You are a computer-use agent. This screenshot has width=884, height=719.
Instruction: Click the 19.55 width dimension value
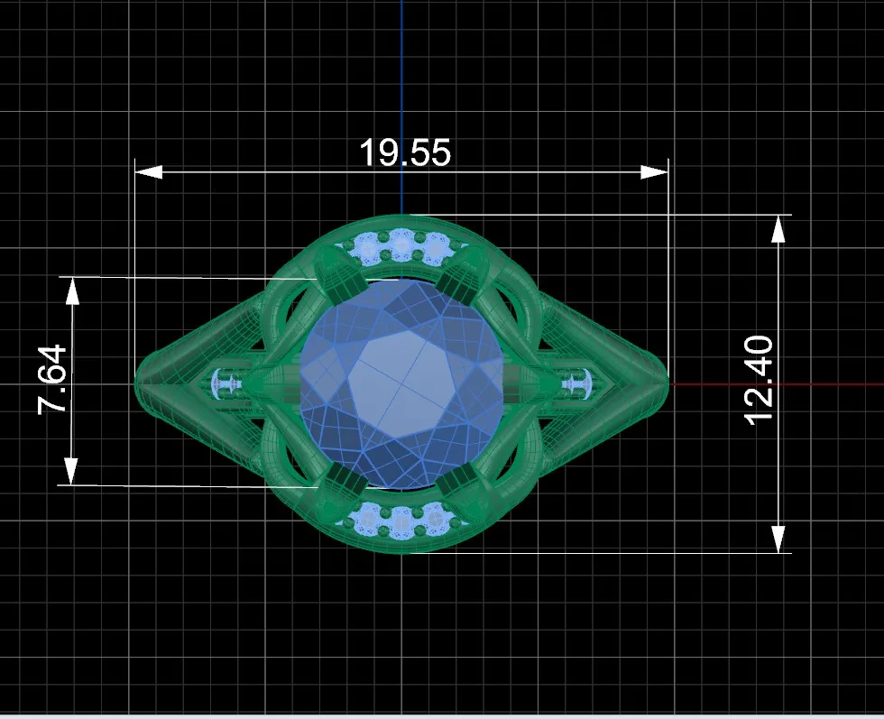[x=405, y=152]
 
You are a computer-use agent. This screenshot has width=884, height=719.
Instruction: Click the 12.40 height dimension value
[x=759, y=380]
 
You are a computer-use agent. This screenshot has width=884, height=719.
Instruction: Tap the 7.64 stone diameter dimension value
[x=52, y=380]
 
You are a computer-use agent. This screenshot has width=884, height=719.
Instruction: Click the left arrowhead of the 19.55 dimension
[x=149, y=172]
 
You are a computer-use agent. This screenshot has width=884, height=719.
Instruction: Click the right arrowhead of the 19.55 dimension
[x=654, y=172]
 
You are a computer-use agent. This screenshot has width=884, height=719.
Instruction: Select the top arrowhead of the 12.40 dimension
[x=778, y=229]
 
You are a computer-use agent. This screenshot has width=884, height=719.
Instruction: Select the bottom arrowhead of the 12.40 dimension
[x=778, y=539]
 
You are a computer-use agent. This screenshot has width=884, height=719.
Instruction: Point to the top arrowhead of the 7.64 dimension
[x=72, y=291]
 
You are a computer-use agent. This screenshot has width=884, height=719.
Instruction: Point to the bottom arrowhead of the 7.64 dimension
[x=71, y=472]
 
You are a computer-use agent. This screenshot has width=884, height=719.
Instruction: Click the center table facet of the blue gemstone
[x=401, y=383]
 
